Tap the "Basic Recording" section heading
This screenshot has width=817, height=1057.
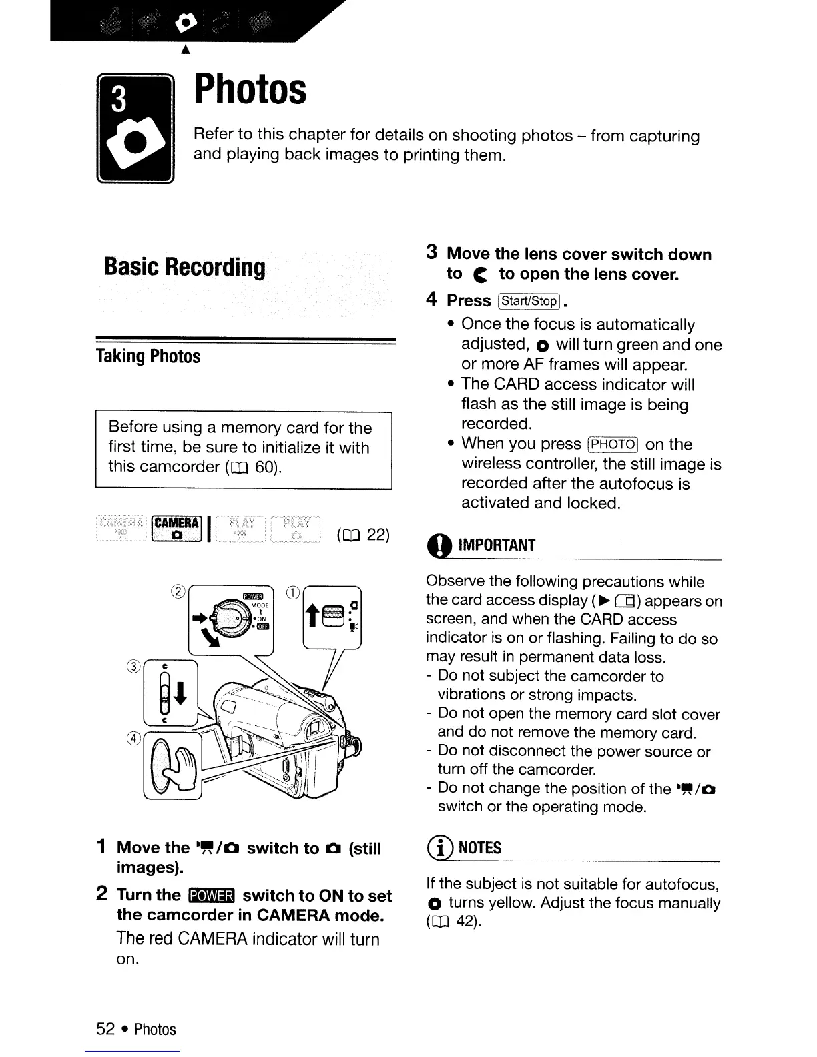(185, 267)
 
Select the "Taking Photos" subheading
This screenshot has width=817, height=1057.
(148, 356)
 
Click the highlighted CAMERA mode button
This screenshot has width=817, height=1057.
(177, 527)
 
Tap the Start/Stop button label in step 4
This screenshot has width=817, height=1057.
(529, 301)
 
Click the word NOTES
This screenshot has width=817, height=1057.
(481, 848)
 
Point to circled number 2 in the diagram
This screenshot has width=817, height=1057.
(178, 590)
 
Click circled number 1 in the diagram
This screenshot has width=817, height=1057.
(292, 590)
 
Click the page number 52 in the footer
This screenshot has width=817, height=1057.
(105, 1029)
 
